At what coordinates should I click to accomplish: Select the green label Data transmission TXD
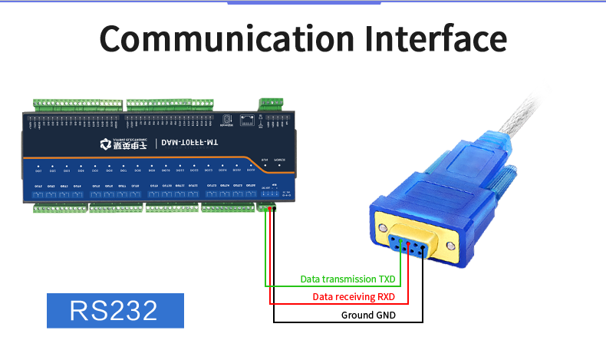click(x=347, y=279)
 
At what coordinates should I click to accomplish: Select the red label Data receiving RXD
click(x=354, y=297)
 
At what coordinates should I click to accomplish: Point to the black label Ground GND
click(x=368, y=315)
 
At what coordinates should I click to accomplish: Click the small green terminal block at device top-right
click(x=271, y=104)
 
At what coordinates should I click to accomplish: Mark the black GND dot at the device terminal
click(x=273, y=209)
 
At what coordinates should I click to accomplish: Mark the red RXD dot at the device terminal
click(x=269, y=209)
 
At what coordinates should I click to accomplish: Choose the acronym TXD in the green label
click(x=384, y=279)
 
